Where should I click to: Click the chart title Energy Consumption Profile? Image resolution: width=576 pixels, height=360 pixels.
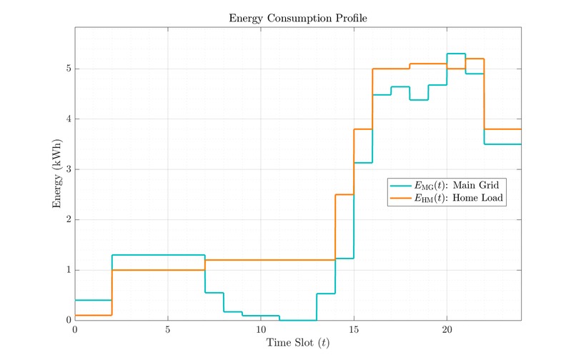(x=298, y=18)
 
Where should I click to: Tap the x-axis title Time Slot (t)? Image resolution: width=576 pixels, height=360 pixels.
(x=298, y=344)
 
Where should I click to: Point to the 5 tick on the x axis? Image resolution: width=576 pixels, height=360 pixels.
(x=168, y=329)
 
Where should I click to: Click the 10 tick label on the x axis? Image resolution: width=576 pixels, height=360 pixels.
(x=261, y=329)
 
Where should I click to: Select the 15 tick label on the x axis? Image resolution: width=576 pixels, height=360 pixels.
(x=354, y=329)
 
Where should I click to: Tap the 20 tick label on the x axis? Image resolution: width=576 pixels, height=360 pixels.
(x=447, y=329)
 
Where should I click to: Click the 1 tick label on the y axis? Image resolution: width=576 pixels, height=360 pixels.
(x=68, y=270)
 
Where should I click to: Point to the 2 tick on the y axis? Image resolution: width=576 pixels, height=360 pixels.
(x=68, y=220)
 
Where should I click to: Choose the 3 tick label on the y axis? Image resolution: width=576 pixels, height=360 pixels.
(x=68, y=169)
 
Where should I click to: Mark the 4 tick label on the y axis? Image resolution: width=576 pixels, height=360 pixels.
(x=68, y=119)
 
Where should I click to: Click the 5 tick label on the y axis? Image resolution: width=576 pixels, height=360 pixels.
(x=68, y=69)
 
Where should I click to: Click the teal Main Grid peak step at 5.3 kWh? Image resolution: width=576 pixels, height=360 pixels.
(x=456, y=54)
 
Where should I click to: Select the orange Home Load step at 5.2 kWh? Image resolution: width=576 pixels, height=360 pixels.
(x=475, y=59)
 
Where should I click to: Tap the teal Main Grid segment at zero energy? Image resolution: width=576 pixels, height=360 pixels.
(x=298, y=320)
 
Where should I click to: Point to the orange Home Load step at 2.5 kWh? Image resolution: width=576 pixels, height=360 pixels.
(x=344, y=194)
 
